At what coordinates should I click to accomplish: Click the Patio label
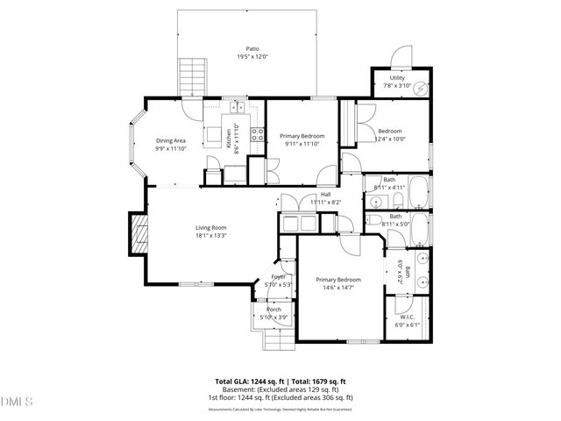click(x=252, y=49)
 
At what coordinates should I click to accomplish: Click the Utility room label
click(x=396, y=79)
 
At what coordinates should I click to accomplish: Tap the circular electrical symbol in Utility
click(x=421, y=88)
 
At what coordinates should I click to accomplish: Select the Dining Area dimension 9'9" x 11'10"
click(x=171, y=148)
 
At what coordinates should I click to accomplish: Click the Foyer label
click(x=278, y=277)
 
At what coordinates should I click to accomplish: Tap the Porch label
click(x=274, y=310)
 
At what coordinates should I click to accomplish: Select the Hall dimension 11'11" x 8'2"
click(x=324, y=202)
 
